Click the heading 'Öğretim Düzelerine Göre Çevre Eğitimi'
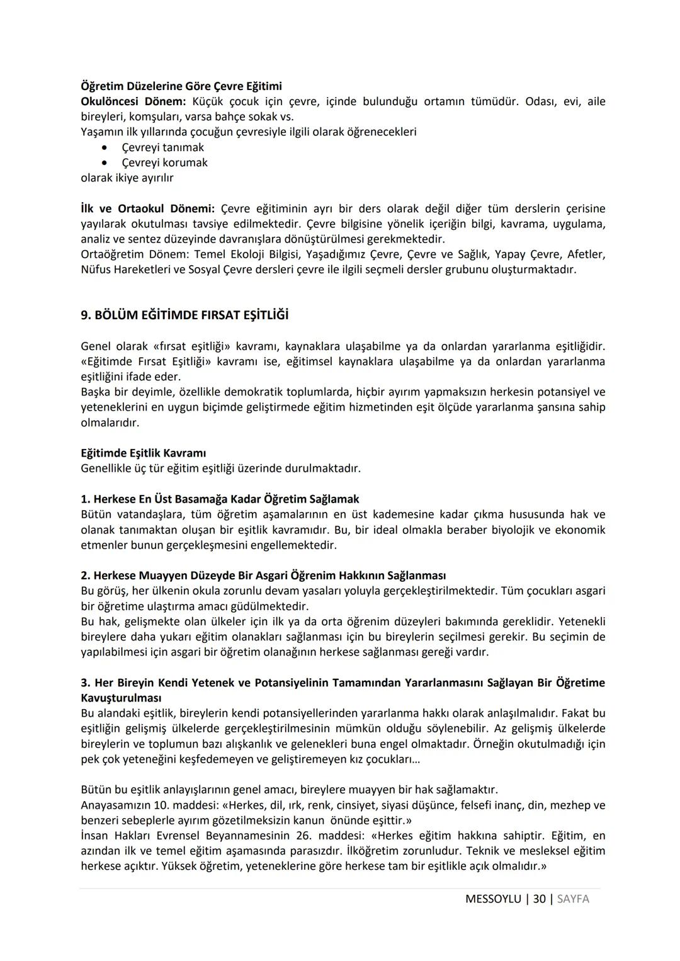click(181, 86)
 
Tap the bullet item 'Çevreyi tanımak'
click(162, 147)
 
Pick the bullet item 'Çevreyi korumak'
click(164, 162)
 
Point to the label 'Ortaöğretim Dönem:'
click(134, 254)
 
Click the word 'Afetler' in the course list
click(586, 254)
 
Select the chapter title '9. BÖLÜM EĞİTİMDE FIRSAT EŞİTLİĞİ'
click(184, 315)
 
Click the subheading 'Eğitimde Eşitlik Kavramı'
click(144, 453)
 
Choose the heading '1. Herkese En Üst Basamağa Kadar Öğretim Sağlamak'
click(220, 499)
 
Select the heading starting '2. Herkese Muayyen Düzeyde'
click(263, 576)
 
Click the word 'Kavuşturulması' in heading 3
click(121, 698)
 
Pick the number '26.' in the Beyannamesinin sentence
click(302, 836)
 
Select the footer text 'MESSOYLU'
click(493, 899)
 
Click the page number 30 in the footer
click(539, 899)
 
